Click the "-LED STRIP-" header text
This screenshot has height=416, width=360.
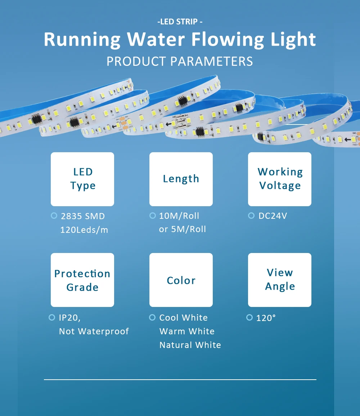tap(180, 22)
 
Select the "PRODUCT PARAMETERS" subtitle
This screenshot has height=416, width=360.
tap(180, 61)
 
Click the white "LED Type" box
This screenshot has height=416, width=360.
tap(82, 179)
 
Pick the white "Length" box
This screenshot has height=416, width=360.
tap(181, 179)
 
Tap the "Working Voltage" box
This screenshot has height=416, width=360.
tap(280, 179)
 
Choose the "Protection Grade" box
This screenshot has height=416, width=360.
tap(82, 280)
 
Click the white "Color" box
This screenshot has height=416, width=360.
tap(181, 280)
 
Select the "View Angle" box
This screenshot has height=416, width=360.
tap(280, 280)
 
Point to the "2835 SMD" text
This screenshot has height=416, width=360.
tap(83, 216)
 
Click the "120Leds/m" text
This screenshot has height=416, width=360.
tap(84, 230)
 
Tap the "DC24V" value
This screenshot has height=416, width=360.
tap(273, 216)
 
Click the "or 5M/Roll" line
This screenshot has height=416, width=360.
tap(183, 229)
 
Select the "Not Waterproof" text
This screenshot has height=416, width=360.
tap(94, 331)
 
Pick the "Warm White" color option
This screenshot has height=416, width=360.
tap(187, 331)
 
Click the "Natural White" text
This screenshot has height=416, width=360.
tap(190, 345)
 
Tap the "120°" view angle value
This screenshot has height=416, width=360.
tap(266, 318)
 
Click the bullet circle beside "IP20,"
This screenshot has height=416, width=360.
tap(52, 317)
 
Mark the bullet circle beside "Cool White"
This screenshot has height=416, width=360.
tap(152, 317)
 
